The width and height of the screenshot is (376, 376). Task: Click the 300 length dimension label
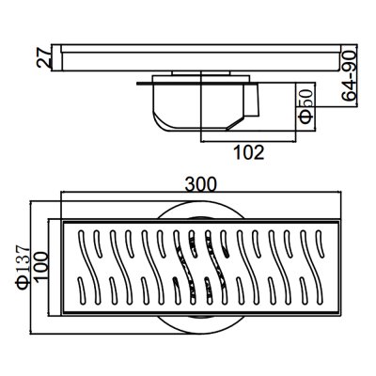click(200, 184)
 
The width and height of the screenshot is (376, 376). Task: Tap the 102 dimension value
click(249, 152)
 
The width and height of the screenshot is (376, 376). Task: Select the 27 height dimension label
click(43, 57)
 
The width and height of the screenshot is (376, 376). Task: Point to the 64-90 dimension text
click(349, 75)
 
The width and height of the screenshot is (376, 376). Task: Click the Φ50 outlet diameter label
click(305, 106)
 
